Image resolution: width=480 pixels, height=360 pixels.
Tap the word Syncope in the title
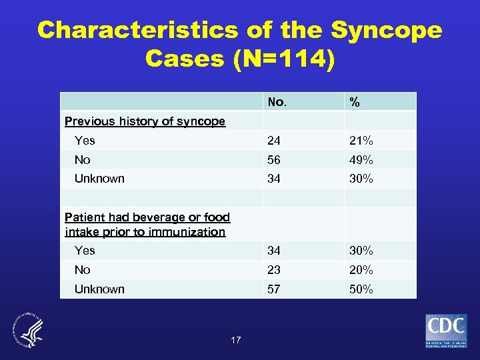tap(386, 30)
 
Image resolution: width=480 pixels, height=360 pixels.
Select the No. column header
tap(277, 102)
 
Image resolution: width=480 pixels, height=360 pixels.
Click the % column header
tap(355, 102)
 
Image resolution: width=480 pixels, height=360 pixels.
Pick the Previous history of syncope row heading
tap(145, 121)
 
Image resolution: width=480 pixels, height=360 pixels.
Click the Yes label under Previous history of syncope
tap(85, 140)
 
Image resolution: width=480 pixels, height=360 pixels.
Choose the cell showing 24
tap(274, 141)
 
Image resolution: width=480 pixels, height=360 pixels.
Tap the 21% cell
tap(360, 141)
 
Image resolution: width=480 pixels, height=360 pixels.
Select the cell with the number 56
tap(274, 160)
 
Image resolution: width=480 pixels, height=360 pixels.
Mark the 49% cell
tap(360, 160)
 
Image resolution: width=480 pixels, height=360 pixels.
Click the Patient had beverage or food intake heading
tap(147, 225)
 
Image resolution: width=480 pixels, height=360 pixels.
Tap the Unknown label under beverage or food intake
tap(99, 289)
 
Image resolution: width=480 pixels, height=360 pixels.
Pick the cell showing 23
tap(274, 270)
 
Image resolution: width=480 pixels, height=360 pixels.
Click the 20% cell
tap(360, 270)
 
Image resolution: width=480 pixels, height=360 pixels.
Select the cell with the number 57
tap(274, 289)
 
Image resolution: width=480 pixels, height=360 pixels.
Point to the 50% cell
tap(360, 289)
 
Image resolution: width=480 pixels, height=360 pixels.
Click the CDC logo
tap(447, 331)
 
